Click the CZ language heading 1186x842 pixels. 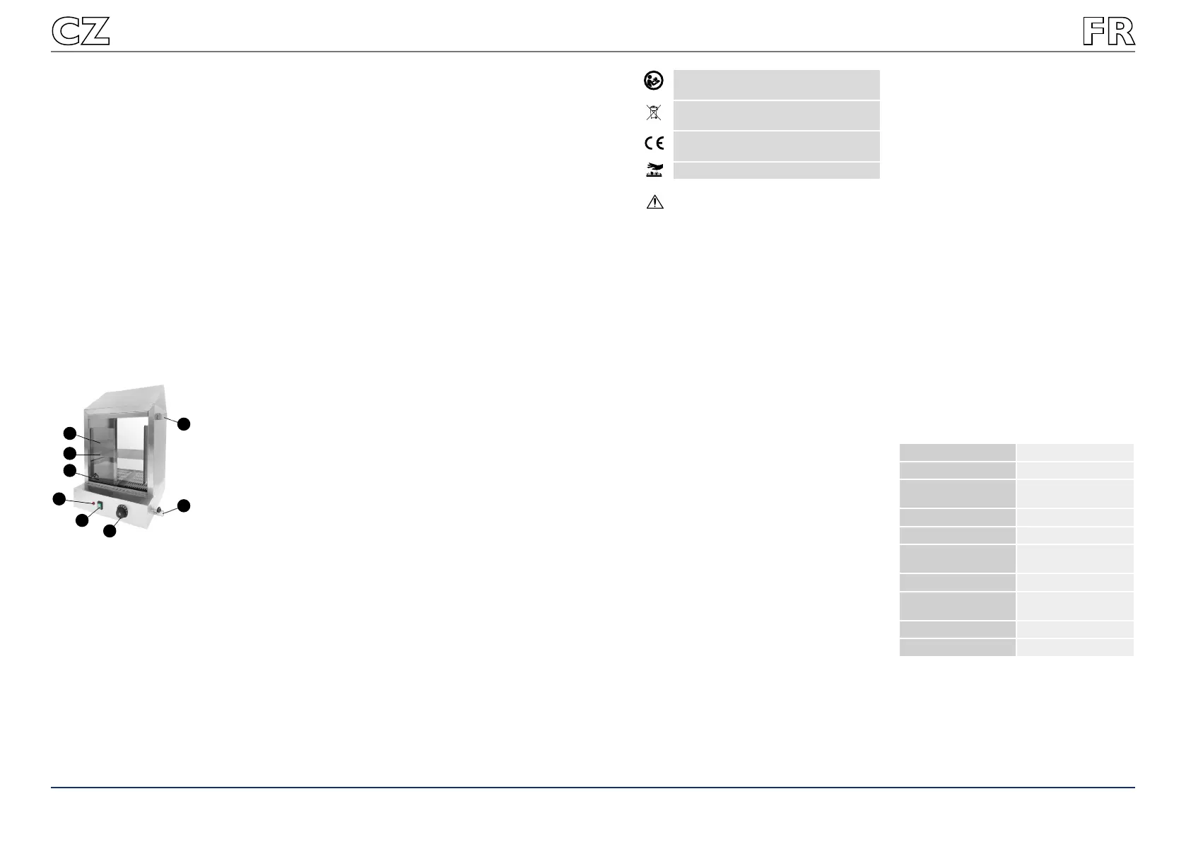tap(81, 32)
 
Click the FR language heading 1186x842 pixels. tap(1108, 32)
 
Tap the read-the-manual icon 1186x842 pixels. tap(654, 81)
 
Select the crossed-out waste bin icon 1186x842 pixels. tap(654, 112)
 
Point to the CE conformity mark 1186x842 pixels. tap(654, 143)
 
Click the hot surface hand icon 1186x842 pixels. tap(654, 169)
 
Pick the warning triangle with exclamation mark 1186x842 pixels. tap(654, 202)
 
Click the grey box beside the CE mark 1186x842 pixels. tap(776, 146)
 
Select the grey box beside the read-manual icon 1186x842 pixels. tap(776, 84)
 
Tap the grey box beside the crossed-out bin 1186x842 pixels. tap(776, 115)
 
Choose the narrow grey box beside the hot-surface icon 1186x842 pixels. tap(776, 170)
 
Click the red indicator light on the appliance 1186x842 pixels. tap(93, 503)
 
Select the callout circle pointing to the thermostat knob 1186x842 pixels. tap(110, 530)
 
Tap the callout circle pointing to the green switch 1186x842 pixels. tap(82, 520)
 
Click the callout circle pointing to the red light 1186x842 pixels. tap(59, 499)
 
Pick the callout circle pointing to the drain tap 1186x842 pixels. tap(184, 505)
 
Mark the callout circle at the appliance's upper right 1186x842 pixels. tap(184, 424)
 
